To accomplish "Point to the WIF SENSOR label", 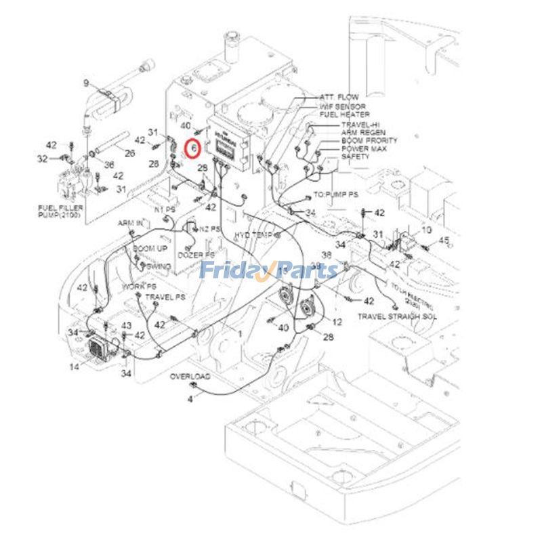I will pos(342,107).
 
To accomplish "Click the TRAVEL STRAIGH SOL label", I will pos(397,316).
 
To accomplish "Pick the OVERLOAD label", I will pos(190,375).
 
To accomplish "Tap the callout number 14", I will pos(75,367).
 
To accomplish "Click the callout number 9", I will pos(86,83).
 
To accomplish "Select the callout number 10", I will pos(426,230).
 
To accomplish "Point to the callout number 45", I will pos(444,240).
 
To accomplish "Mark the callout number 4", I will pos(190,399).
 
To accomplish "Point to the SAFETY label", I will pos(355,157).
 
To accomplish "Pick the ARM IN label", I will pos(130,223).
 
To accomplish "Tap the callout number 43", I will pos(126,326).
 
